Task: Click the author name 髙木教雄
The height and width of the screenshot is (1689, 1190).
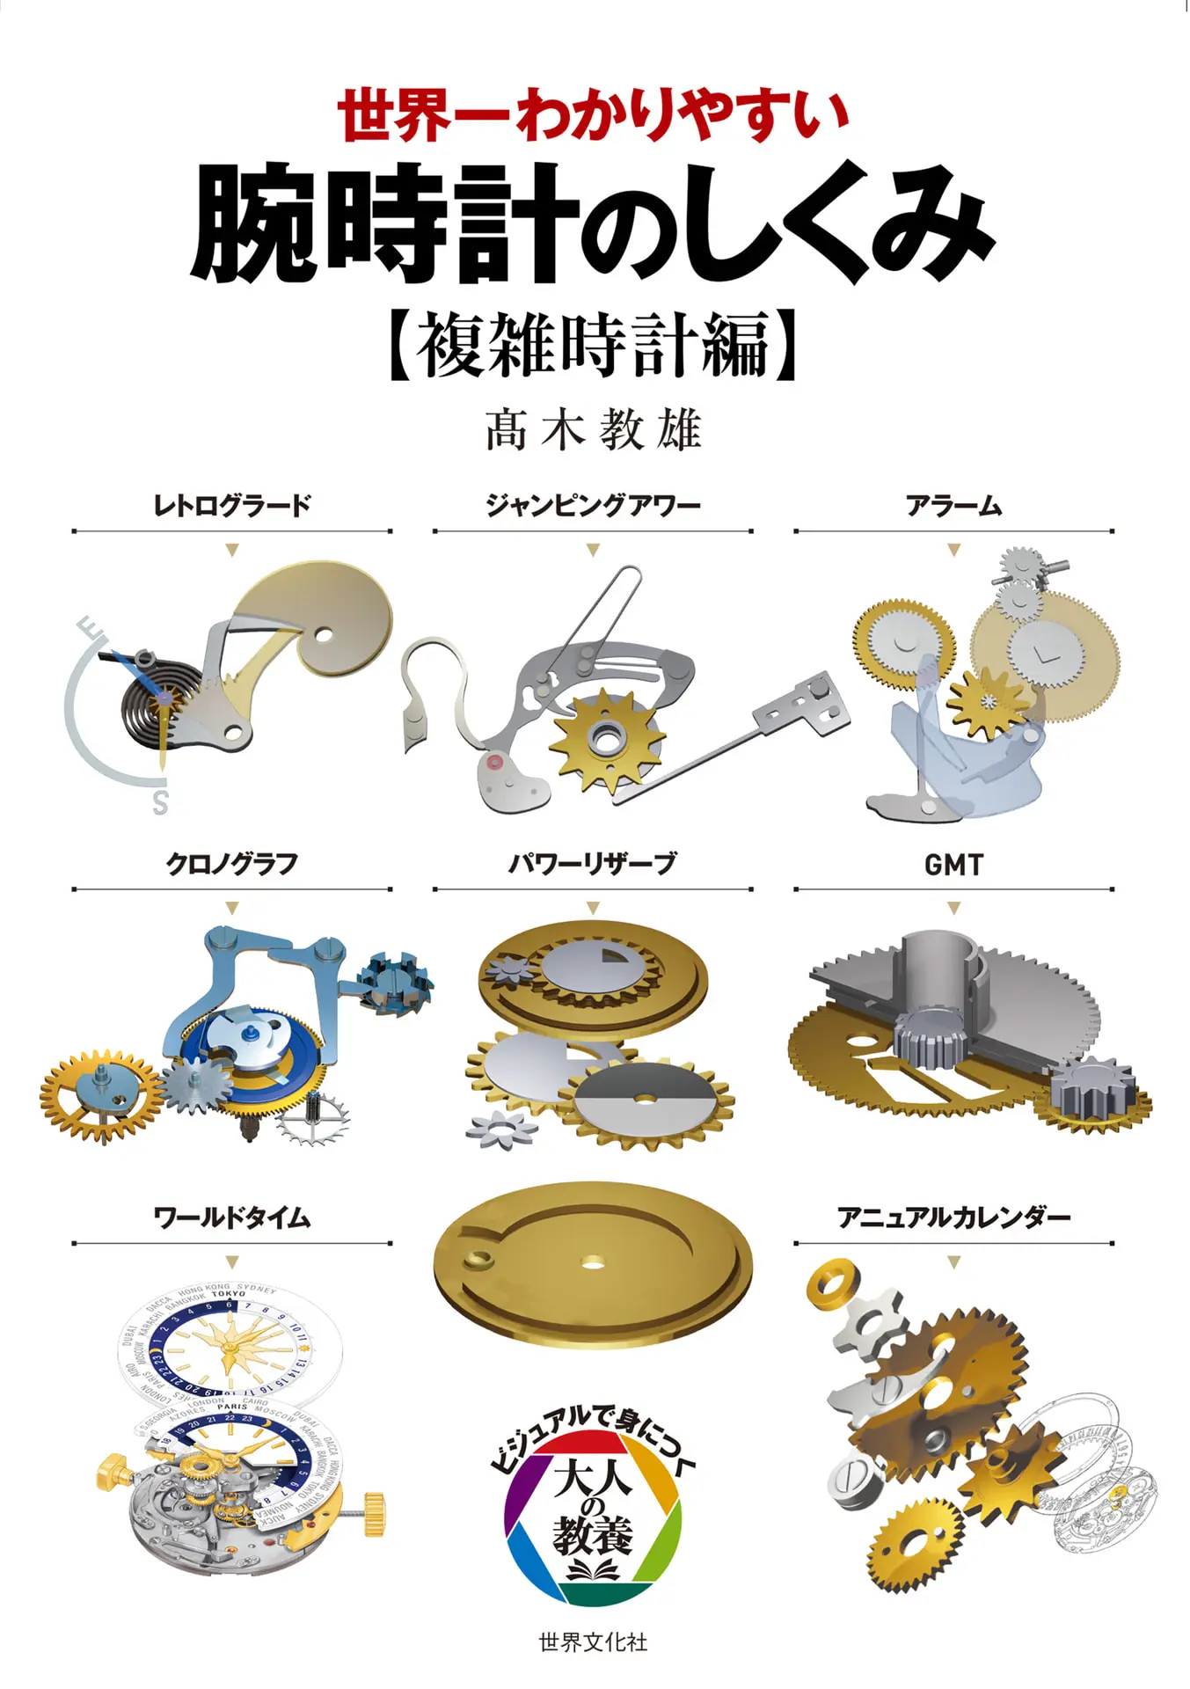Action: tap(594, 430)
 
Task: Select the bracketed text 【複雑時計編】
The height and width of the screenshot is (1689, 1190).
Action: tap(594, 345)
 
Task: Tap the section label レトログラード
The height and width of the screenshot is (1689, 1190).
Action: tap(231, 506)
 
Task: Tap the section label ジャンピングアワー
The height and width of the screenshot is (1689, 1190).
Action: tap(593, 506)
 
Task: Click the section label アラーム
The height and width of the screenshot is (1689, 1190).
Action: tap(953, 506)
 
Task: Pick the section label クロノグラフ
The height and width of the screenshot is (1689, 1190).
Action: tap(231, 864)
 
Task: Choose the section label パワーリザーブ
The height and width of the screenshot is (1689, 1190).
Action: tap(593, 864)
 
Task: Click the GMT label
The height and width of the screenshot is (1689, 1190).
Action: tap(953, 865)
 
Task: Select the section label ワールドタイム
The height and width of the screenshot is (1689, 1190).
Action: tap(231, 1218)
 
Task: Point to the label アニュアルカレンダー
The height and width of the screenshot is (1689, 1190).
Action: tap(953, 1218)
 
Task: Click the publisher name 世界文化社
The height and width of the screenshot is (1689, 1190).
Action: tap(594, 1641)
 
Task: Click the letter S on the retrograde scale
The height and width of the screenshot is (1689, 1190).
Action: tap(160, 802)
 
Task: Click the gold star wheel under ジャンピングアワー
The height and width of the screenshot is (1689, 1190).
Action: tap(606, 739)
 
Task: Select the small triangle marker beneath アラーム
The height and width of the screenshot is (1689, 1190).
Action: tap(953, 551)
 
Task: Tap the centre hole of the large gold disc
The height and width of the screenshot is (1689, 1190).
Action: tap(592, 1263)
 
